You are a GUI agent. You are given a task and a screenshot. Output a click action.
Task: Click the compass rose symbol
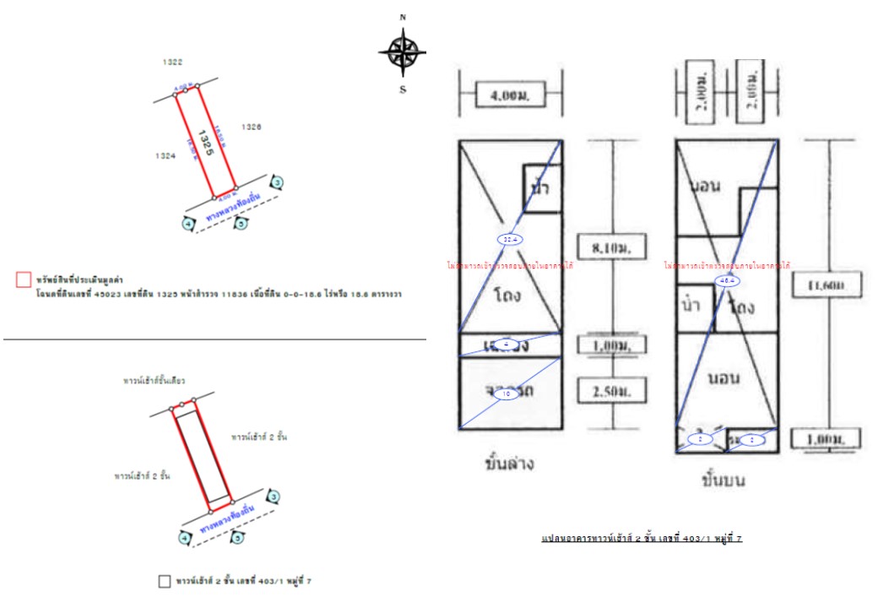(403, 52)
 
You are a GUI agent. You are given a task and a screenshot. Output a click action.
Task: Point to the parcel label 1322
(172, 62)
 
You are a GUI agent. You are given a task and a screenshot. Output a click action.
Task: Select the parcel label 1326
(251, 127)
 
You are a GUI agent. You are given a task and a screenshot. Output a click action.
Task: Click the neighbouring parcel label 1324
(165, 155)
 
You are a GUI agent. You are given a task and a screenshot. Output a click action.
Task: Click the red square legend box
(24, 279)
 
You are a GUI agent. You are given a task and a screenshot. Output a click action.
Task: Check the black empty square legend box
(165, 581)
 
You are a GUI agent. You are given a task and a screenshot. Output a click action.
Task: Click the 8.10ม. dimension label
(612, 247)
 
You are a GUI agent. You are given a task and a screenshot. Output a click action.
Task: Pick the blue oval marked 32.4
(509, 240)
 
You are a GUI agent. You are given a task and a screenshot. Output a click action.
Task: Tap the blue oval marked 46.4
(725, 280)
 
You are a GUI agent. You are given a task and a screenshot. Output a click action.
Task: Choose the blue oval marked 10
(507, 394)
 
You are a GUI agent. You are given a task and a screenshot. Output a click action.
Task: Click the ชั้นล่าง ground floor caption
(509, 464)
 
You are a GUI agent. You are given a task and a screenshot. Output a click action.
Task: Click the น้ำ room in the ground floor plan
(540, 187)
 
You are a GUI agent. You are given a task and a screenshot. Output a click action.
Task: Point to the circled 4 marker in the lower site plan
(184, 538)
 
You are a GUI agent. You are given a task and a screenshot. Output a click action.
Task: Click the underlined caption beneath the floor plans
(642, 538)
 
